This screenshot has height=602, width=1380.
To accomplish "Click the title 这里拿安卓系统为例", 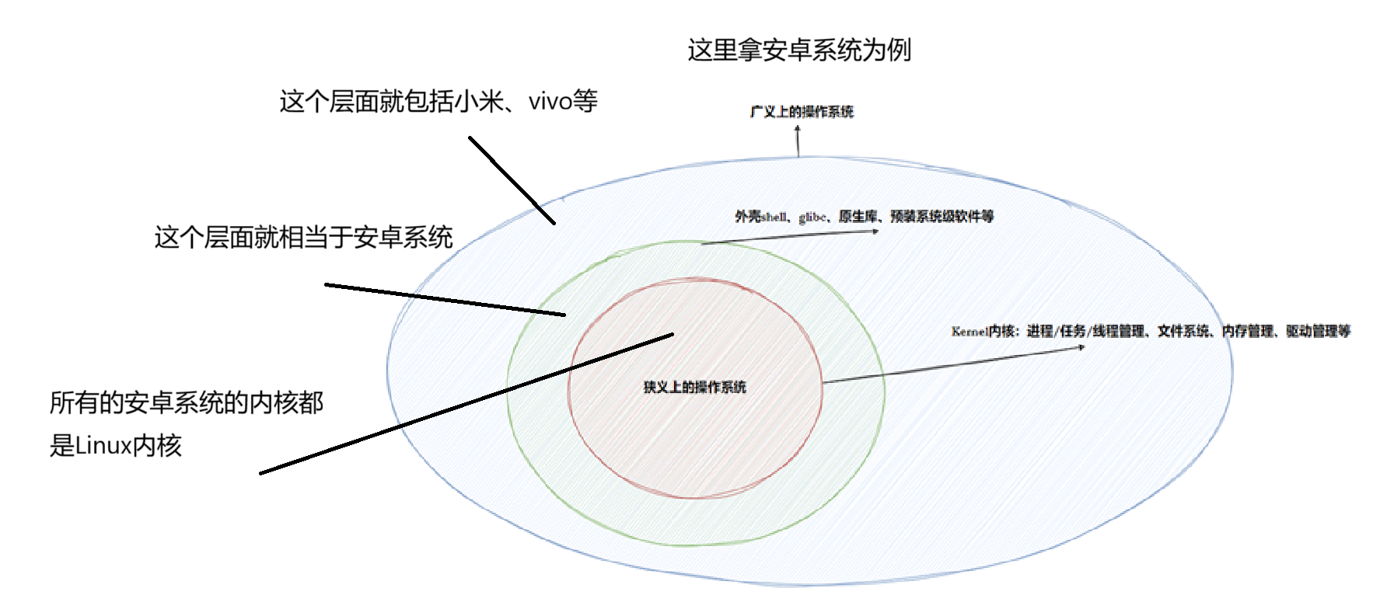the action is click(798, 50).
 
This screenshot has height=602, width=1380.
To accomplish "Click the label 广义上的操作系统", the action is click(802, 112).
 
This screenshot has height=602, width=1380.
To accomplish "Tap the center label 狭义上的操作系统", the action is click(694, 387).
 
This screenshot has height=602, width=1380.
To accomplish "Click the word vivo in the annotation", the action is click(550, 102).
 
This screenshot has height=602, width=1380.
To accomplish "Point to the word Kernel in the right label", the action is click(969, 332).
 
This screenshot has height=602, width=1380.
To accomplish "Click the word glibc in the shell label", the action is click(813, 217).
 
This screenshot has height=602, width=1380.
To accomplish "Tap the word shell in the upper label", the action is click(774, 217).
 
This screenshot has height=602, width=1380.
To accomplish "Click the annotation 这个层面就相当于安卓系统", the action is click(303, 238).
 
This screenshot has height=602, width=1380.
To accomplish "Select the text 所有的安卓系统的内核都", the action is click(187, 403).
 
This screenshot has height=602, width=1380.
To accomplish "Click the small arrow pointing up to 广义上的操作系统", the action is click(798, 141).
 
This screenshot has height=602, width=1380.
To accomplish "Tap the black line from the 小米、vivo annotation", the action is click(512, 180).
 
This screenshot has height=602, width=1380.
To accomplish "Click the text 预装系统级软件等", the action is click(942, 217).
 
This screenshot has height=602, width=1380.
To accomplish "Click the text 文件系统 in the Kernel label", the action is click(1183, 332).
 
